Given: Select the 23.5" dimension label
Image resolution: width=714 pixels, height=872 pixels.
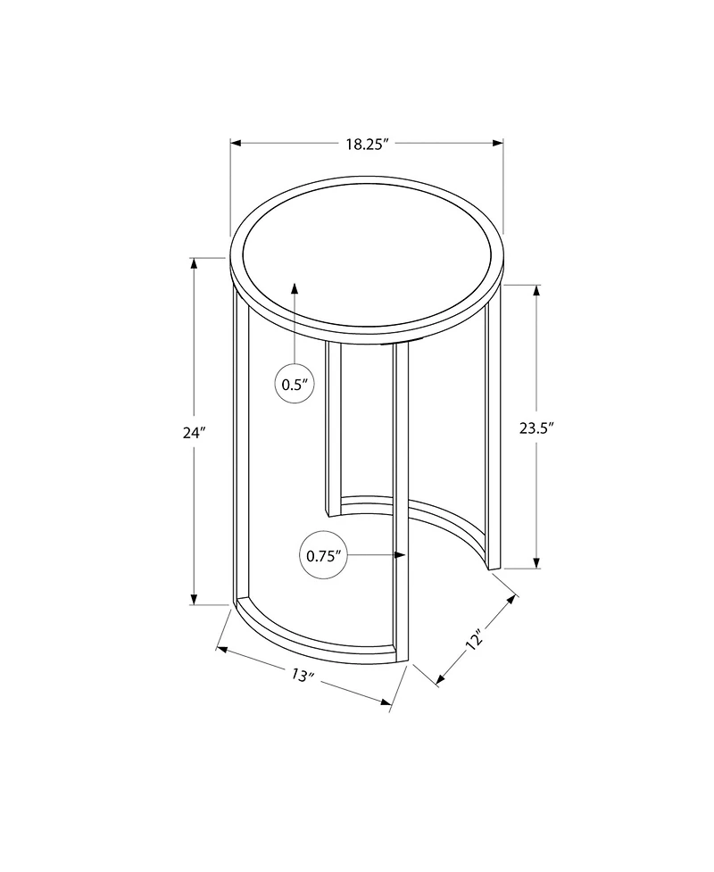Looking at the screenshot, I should pos(537,427).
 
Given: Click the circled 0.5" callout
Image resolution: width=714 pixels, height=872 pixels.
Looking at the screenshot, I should pos(295,385).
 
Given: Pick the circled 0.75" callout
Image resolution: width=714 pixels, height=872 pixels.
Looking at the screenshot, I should pos(324,555).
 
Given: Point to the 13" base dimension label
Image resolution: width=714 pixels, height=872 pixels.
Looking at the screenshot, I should pos(303,677).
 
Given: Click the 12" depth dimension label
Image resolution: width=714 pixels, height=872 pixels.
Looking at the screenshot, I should pos(474,640).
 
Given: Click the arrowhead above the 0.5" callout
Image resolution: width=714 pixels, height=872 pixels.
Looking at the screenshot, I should pos(295,287).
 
